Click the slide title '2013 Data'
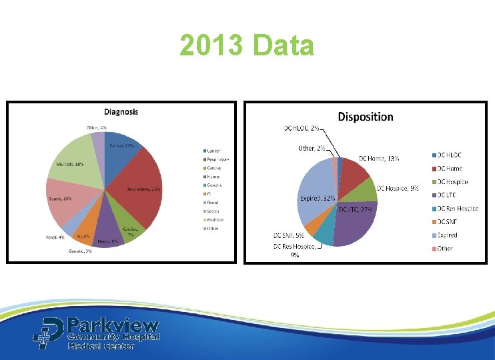click(247, 46)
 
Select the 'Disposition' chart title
click(366, 117)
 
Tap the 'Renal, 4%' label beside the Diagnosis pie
click(55, 236)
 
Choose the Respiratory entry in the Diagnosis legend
click(218, 159)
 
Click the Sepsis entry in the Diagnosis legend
click(215, 211)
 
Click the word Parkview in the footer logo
click(113, 326)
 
